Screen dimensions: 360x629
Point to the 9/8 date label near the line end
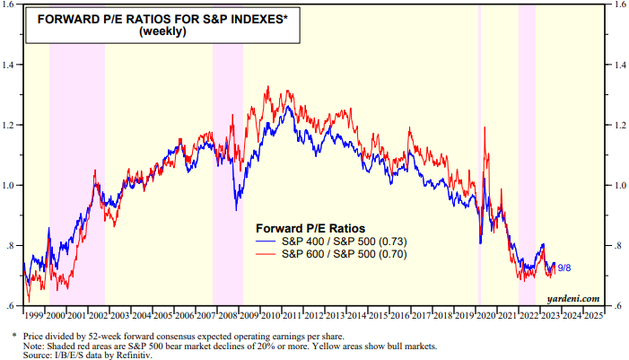(x=565, y=268)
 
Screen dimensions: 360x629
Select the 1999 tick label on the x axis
(x=33, y=316)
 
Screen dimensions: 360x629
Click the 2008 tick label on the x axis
(x=228, y=316)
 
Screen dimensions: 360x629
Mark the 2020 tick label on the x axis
(x=486, y=316)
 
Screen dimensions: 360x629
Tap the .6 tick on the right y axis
(x=617, y=307)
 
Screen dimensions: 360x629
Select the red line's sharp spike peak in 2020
(x=484, y=130)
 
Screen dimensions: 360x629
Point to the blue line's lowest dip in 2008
(x=236, y=210)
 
